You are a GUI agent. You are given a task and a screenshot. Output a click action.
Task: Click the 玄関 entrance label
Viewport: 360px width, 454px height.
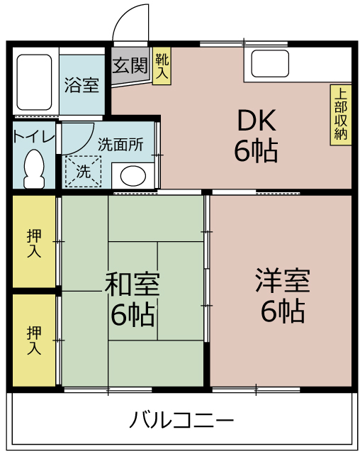tap(130, 65)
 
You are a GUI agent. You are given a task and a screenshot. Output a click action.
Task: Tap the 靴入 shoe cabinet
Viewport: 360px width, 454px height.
tap(162, 66)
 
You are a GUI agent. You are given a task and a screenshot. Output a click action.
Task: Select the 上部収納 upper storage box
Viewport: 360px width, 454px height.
tap(341, 115)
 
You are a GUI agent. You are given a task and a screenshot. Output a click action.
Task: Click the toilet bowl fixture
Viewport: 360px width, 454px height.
tap(34, 169)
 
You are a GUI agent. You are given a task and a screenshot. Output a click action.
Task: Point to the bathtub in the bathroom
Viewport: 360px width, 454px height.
tap(34, 82)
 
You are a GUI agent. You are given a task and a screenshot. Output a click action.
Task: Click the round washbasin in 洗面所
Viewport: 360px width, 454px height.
tap(133, 175)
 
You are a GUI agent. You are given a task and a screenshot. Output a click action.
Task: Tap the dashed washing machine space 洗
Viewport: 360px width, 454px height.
tap(84, 172)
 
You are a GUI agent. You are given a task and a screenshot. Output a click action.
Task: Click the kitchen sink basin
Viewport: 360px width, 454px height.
tap(270, 64)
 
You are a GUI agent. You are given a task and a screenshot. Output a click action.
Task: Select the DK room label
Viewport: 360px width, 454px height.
tap(257, 120)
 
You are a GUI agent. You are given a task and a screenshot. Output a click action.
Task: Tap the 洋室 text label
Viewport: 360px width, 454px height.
tap(283, 280)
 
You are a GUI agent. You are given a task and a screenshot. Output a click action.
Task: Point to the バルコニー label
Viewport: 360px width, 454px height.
tap(181, 419)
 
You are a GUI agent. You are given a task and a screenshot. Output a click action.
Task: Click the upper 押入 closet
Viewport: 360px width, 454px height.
tap(34, 242)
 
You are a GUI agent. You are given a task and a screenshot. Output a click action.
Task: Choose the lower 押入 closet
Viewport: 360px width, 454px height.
tap(34, 340)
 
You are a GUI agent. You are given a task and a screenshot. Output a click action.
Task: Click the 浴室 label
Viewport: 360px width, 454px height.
tap(81, 85)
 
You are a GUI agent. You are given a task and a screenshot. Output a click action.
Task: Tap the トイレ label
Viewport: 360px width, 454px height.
tap(34, 137)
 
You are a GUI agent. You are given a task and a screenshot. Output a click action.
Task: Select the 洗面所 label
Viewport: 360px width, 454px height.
tap(120, 144)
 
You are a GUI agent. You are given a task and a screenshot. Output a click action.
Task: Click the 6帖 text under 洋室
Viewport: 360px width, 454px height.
tap(283, 311)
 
